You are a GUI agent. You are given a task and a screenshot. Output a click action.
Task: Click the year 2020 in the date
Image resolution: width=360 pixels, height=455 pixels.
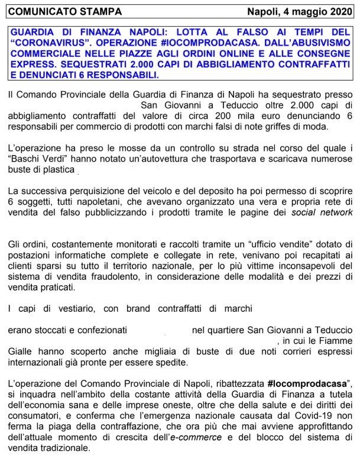[338, 11]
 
